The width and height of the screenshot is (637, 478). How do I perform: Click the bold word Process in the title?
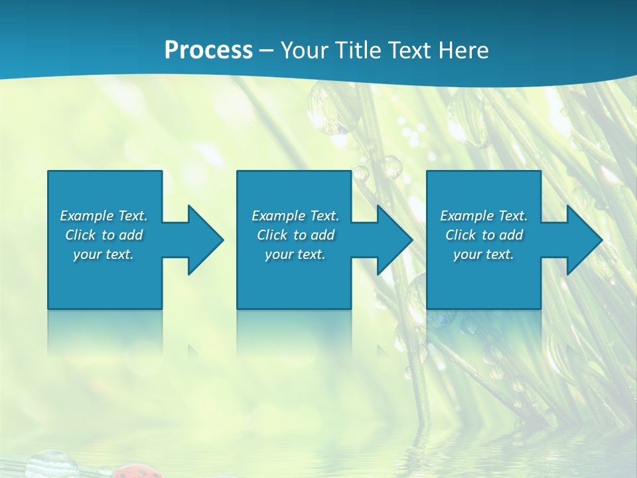pyautogui.click(x=208, y=50)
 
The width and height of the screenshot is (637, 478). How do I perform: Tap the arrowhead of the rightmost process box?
pyautogui.click(x=583, y=240)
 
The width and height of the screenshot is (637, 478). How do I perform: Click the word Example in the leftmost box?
pyautogui.click(x=87, y=216)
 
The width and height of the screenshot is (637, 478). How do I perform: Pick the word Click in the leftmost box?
pyautogui.click(x=80, y=235)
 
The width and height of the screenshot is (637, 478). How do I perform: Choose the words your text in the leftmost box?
pyautogui.click(x=104, y=254)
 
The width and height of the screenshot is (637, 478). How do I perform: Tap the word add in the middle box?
pyautogui.click(x=322, y=235)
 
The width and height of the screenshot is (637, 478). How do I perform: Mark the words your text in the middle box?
pyautogui.click(x=295, y=254)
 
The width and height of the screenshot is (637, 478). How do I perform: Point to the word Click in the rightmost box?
pyautogui.click(x=460, y=235)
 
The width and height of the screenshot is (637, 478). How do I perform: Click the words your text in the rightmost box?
pyautogui.click(x=484, y=254)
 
